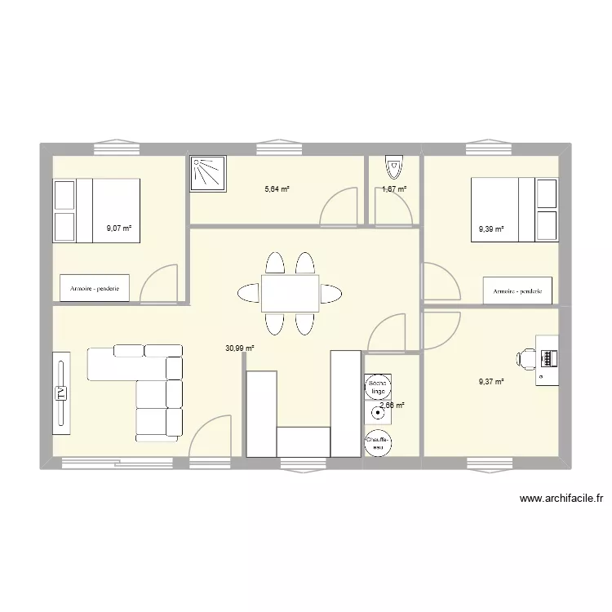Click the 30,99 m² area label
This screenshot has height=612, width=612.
click(240, 348)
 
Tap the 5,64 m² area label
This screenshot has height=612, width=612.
click(277, 188)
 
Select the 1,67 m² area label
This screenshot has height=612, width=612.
click(394, 189)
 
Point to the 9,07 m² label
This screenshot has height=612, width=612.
click(119, 228)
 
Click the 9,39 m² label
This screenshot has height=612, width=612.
click(491, 229)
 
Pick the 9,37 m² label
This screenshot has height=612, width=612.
click(491, 380)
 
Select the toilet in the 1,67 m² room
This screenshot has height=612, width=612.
click(394, 167)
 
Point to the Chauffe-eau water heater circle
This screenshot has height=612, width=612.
click(377, 441)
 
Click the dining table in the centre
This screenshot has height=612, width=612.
click(290, 293)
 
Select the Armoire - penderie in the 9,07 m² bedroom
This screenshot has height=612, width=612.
click(95, 288)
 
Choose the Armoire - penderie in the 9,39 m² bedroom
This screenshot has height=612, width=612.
click(519, 290)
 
